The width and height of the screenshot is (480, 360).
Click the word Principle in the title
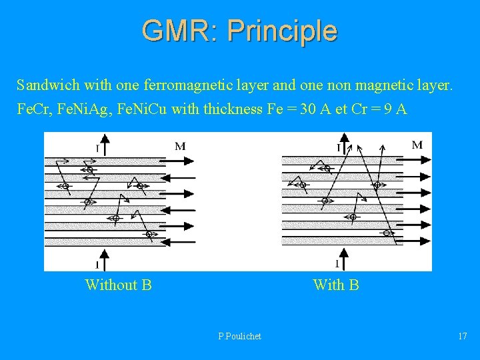(x=282, y=31)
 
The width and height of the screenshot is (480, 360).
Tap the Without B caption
(x=118, y=285)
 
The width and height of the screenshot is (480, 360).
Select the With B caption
(x=336, y=285)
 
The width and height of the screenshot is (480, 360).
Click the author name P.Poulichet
(x=239, y=336)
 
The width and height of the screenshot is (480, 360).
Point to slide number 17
(x=462, y=336)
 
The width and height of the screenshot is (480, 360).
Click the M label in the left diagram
(x=180, y=146)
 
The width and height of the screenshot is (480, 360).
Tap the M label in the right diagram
(x=417, y=145)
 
